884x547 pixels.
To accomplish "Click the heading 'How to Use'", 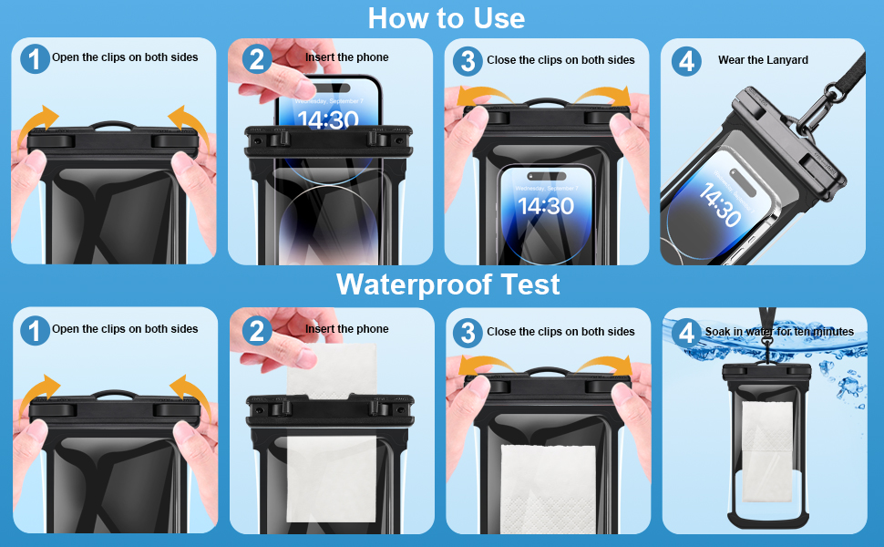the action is pyautogui.click(x=447, y=18).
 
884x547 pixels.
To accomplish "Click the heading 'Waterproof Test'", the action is pyautogui.click(x=448, y=284).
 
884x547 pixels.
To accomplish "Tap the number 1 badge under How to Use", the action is pyautogui.click(x=35, y=59).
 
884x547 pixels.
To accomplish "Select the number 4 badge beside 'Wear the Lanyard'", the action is pyautogui.click(x=686, y=61).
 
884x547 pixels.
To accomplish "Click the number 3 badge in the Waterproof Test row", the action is pyautogui.click(x=468, y=333).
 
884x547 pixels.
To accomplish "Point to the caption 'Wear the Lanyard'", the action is pyautogui.click(x=763, y=60).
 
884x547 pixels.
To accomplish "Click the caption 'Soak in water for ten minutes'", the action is pyautogui.click(x=779, y=332).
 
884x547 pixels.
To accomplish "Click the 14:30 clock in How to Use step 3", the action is pyautogui.click(x=546, y=206).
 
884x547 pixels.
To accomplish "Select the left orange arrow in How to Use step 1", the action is pyautogui.click(x=37, y=124).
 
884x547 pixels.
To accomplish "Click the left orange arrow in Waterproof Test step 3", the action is pyautogui.click(x=485, y=366).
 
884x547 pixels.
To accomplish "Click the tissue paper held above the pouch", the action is pyautogui.click(x=332, y=369).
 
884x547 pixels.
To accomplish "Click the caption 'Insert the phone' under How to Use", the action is pyautogui.click(x=346, y=57).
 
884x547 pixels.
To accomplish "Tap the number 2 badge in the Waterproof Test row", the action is pyautogui.click(x=257, y=330).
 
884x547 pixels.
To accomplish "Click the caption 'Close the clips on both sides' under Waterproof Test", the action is pyautogui.click(x=561, y=332).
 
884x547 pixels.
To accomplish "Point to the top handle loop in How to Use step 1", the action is pyautogui.click(x=113, y=124).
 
